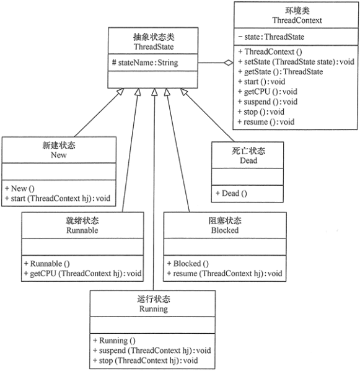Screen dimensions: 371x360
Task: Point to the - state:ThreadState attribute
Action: [x=271, y=37]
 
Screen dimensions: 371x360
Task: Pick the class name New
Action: [x=58, y=155]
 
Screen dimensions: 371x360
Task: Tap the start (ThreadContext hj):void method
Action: [x=59, y=198]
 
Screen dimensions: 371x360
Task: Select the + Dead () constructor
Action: [x=231, y=193]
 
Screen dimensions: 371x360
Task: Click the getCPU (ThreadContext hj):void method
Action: [x=82, y=273]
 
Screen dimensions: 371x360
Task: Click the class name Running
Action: [x=152, y=308]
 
